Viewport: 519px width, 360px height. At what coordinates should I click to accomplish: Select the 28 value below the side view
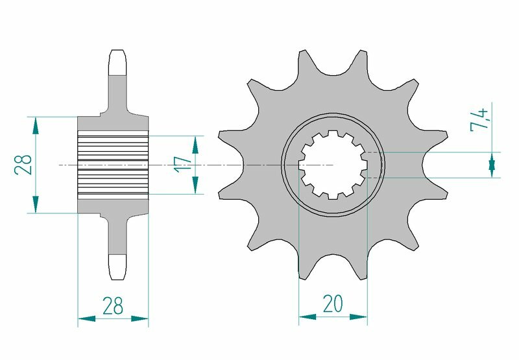pyautogui.click(x=113, y=305)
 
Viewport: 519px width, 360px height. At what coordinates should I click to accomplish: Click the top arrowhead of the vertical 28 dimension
pyautogui.click(x=36, y=125)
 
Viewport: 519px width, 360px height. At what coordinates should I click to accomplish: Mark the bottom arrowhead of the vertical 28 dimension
pyautogui.click(x=36, y=206)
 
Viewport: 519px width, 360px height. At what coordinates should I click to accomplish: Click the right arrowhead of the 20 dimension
pyautogui.click(x=359, y=317)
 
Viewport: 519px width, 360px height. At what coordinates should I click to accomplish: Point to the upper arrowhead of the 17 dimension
pyautogui.click(x=195, y=143)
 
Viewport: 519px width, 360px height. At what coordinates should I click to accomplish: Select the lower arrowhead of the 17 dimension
pyautogui.click(x=195, y=186)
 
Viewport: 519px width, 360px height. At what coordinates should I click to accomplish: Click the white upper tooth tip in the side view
pyautogui.click(x=117, y=63)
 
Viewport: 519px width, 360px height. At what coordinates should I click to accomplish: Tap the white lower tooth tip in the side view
pyautogui.click(x=117, y=267)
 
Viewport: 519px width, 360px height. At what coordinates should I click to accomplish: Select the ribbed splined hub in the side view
pyautogui.click(x=113, y=165)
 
